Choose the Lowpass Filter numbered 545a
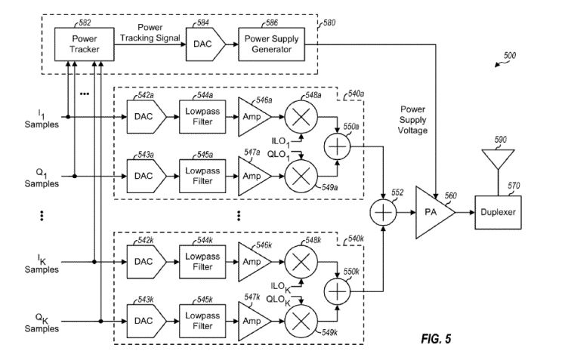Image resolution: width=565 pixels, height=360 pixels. pos(200,176)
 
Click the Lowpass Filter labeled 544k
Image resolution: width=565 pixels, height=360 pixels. pos(200,262)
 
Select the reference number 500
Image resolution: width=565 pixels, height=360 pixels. pos(509,56)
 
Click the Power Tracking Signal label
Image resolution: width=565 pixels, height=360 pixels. pos(149,33)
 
